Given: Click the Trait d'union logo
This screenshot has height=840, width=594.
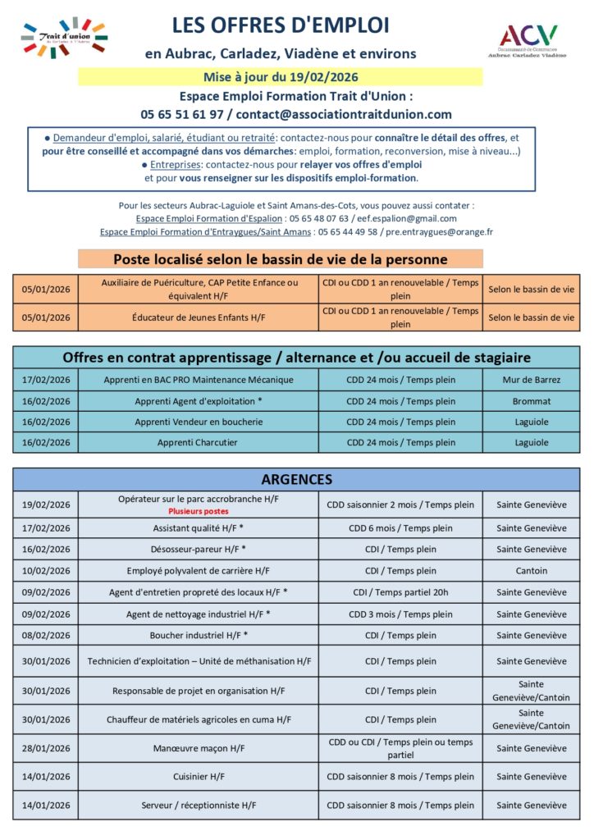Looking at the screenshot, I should pyautogui.click(x=65, y=37).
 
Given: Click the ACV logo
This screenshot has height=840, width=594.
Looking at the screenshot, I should pyautogui.click(x=528, y=40).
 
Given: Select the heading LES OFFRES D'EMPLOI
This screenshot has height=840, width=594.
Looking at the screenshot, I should pyautogui.click(x=281, y=25).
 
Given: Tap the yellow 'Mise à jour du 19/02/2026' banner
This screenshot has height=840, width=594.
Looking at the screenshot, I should pyautogui.click(x=281, y=77).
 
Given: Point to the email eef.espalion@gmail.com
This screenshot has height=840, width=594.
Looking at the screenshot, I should pyautogui.click(x=408, y=219).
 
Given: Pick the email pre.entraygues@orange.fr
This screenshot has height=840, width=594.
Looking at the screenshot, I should pyautogui.click(x=450, y=232).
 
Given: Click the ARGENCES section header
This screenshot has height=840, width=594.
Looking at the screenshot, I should pyautogui.click(x=296, y=479).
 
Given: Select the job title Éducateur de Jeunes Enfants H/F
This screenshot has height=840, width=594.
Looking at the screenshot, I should pyautogui.click(x=199, y=317).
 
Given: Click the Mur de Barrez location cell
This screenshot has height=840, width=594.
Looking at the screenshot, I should pyautogui.click(x=531, y=380).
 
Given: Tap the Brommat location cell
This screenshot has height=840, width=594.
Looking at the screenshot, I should pyautogui.click(x=531, y=401).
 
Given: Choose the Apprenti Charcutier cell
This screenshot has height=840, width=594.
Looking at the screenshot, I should pyautogui.click(x=199, y=442).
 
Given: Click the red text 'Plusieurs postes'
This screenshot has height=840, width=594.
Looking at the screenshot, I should pyautogui.click(x=199, y=510).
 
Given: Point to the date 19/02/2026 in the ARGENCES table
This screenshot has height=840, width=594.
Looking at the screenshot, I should pyautogui.click(x=46, y=504).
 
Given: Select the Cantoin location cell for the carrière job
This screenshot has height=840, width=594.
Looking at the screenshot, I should pyautogui.click(x=531, y=571).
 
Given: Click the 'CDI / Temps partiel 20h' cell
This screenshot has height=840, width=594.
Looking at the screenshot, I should pyautogui.click(x=400, y=592).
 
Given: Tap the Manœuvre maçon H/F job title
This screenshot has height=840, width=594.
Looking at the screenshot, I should pyautogui.click(x=199, y=748).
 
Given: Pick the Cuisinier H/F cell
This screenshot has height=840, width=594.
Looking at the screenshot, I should pyautogui.click(x=199, y=776).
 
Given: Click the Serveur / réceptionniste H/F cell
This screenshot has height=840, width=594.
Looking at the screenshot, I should pyautogui.click(x=199, y=806).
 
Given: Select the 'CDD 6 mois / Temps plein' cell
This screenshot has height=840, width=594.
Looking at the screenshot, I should pyautogui.click(x=400, y=528).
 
